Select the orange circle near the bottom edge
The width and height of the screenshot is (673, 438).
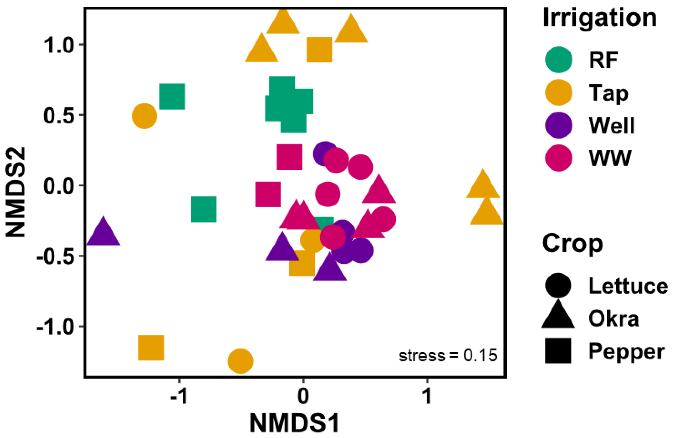240,361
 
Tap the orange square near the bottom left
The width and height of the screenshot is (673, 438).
151,348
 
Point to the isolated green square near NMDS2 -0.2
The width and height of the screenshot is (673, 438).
204,210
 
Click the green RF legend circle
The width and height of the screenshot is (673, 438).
559,60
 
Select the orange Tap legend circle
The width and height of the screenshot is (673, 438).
559,92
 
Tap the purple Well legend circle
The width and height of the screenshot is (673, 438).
559,125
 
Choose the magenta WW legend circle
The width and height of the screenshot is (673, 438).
559,158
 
